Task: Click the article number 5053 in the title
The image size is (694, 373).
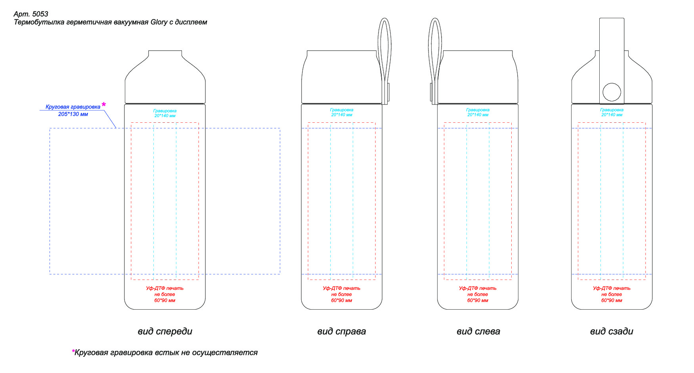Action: (40, 14)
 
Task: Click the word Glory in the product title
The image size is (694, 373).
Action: (159, 22)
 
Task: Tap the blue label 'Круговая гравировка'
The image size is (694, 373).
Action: (73, 107)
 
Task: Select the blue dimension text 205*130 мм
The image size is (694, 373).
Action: (73, 114)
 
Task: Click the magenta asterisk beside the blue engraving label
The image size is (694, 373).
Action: (104, 105)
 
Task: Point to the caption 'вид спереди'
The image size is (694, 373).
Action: (165, 331)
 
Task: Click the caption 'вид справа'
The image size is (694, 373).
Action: (341, 331)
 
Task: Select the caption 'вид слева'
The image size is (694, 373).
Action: (478, 331)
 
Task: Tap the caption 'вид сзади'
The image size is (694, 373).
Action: (612, 331)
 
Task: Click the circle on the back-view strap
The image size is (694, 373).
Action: (612, 92)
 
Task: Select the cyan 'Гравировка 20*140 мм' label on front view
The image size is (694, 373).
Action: (165, 113)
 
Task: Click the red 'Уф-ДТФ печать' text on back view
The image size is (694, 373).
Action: (612, 288)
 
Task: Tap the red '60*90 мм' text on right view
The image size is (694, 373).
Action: (341, 301)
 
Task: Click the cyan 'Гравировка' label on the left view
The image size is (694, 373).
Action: (478, 110)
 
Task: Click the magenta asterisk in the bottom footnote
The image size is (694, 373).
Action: (73, 351)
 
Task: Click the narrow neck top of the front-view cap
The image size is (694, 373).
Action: (165, 51)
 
